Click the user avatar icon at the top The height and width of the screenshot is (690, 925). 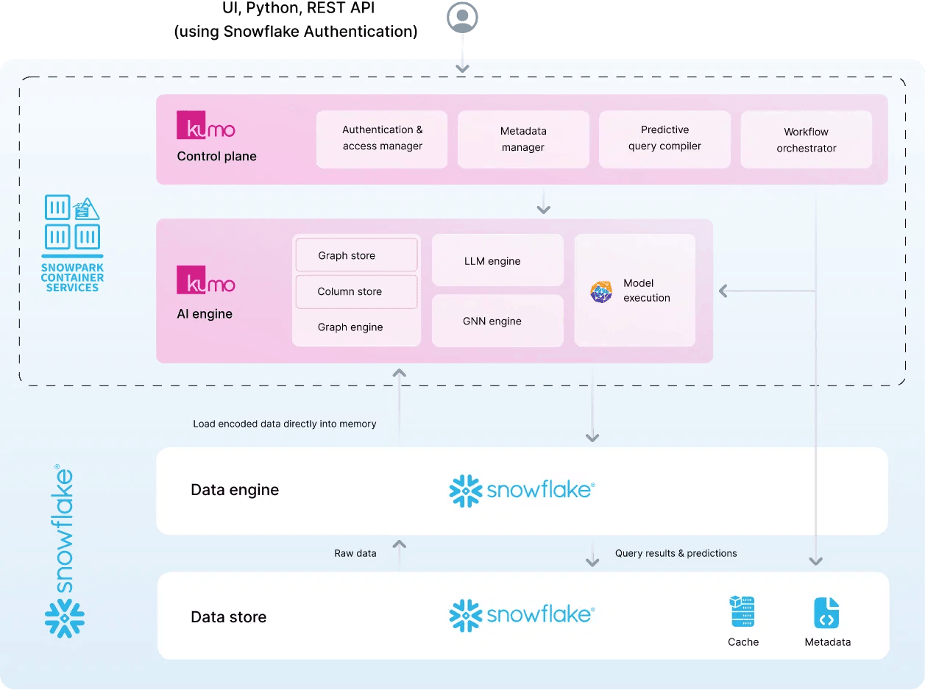click(462, 17)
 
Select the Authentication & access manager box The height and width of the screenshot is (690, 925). click(382, 138)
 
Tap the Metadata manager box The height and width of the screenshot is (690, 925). click(523, 139)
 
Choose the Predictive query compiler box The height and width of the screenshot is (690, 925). click(664, 138)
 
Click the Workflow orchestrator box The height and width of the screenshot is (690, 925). click(806, 140)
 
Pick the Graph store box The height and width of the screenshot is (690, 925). click(356, 256)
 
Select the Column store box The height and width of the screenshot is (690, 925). click(356, 291)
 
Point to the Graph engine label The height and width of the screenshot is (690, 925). click(350, 327)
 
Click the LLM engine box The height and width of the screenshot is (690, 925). click(497, 260)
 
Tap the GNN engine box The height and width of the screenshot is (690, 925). click(497, 321)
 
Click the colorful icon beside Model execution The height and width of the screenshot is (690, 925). click(601, 291)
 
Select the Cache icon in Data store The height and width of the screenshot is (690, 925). click(742, 612)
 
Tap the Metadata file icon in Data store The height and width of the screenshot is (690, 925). click(826, 613)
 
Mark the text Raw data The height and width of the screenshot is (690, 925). click(355, 553)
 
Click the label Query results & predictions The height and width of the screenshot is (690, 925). click(676, 553)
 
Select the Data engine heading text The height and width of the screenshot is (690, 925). click(235, 490)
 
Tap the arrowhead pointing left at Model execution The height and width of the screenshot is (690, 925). click(723, 291)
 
